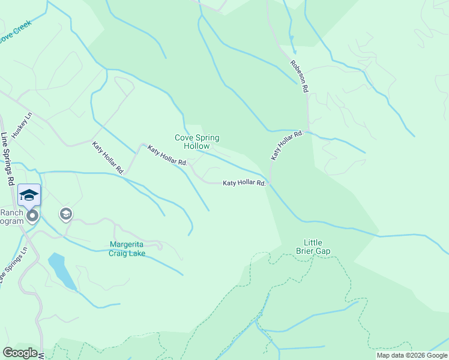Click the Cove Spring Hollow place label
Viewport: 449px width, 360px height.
point(197,142)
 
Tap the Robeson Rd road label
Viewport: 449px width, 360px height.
point(299,76)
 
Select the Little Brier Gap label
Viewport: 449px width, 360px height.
point(313,247)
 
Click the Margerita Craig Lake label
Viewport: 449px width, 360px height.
point(127,249)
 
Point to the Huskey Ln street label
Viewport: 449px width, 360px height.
point(26,125)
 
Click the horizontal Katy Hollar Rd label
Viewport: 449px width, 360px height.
point(244,183)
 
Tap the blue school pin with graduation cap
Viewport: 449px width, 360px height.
point(29,196)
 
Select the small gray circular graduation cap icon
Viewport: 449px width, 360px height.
point(65,214)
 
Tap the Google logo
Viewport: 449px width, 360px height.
point(19,353)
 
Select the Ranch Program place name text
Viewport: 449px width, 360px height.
point(11,217)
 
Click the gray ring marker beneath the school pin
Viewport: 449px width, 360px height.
point(32,215)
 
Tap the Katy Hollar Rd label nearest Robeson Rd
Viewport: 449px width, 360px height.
point(286,145)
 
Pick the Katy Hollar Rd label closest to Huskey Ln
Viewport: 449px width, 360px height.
point(107,157)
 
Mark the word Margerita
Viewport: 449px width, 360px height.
point(127,244)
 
